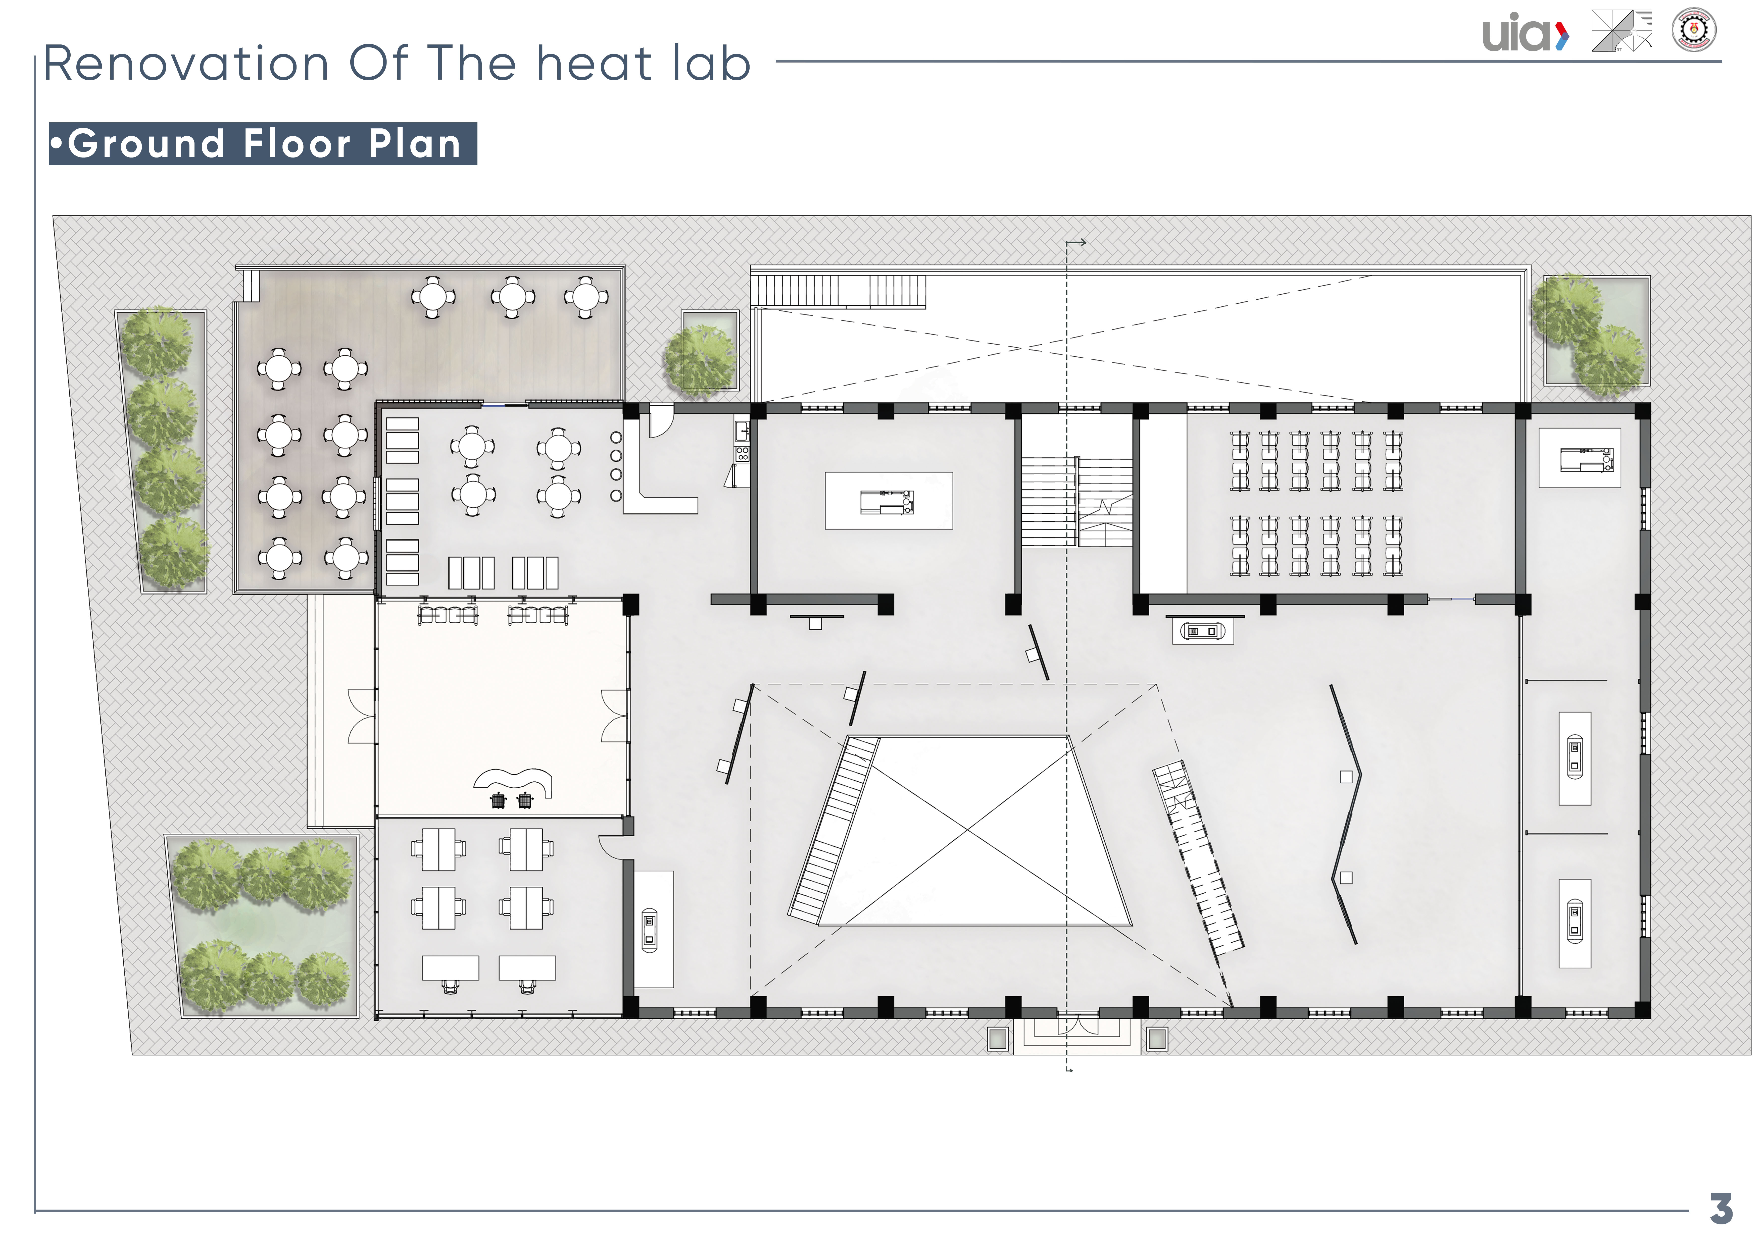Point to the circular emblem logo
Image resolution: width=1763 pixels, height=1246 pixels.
1694,31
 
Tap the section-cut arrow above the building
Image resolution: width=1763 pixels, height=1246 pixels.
1076,243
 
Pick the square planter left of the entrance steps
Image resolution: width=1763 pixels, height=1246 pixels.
997,1040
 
